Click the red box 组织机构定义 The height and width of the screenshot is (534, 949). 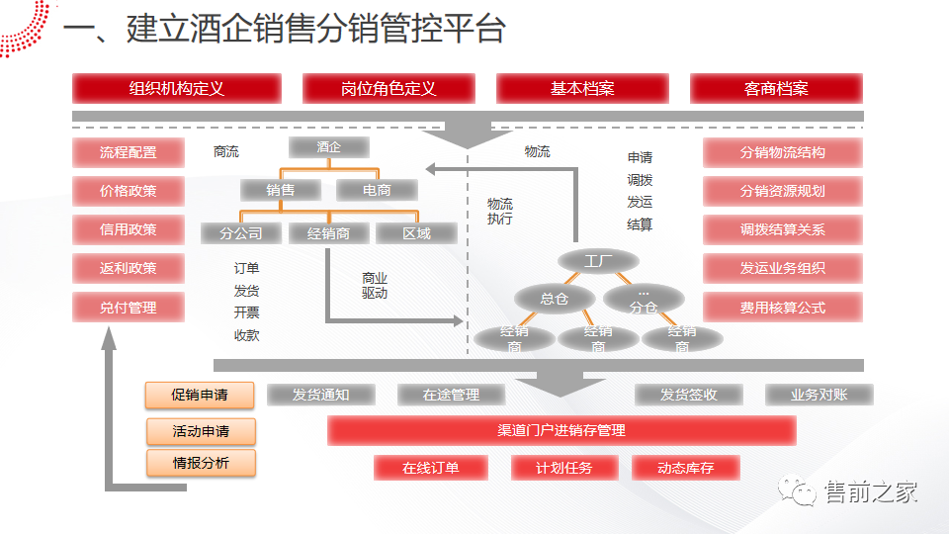pyautogui.click(x=177, y=89)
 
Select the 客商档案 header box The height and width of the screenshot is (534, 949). pyautogui.click(x=776, y=89)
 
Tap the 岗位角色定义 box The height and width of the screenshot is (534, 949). pyautogui.click(x=388, y=89)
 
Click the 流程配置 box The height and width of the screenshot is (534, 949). pyautogui.click(x=128, y=153)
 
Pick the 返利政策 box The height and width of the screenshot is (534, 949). pyautogui.click(x=128, y=268)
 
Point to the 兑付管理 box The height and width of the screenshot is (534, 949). pyautogui.click(x=128, y=308)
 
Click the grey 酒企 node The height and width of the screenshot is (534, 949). pyautogui.click(x=329, y=147)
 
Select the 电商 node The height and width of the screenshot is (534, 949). pyautogui.click(x=377, y=190)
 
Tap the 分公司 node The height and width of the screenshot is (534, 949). pyautogui.click(x=240, y=233)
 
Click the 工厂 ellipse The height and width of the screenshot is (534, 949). pyautogui.click(x=598, y=261)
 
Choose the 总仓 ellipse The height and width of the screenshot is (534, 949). pyautogui.click(x=554, y=299)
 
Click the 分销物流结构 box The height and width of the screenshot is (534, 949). pyautogui.click(x=782, y=153)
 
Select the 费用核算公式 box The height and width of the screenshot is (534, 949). pyautogui.click(x=782, y=308)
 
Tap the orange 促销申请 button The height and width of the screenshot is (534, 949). pyautogui.click(x=200, y=395)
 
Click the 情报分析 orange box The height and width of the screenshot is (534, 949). pyautogui.click(x=201, y=462)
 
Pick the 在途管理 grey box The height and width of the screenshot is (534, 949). pyautogui.click(x=451, y=395)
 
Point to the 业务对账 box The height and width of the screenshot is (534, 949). pyautogui.click(x=819, y=395)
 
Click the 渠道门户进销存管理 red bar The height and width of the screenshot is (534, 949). pyautogui.click(x=561, y=431)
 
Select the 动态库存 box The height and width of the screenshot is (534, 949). pyautogui.click(x=685, y=468)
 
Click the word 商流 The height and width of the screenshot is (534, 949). pyautogui.click(x=225, y=152)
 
